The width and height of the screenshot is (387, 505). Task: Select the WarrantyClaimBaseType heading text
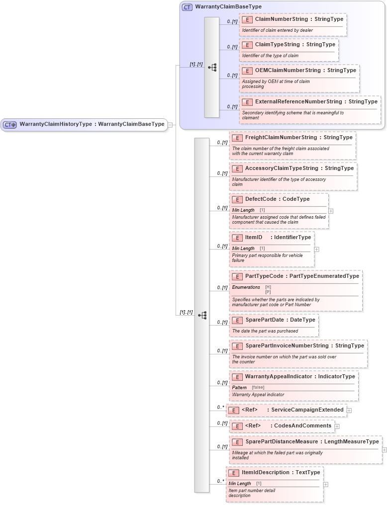pos(228,7)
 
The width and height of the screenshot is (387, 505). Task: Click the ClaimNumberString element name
pos(281,19)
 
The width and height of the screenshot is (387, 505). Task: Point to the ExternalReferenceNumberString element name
pos(298,102)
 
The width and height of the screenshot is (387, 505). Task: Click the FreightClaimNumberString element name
pos(281,138)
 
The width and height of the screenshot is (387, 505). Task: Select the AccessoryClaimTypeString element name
pos(282,168)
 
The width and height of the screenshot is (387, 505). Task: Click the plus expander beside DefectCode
pos(331,211)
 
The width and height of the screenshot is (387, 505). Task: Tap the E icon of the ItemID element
pos(237,238)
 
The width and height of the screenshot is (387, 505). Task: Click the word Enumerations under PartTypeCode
pos(246,287)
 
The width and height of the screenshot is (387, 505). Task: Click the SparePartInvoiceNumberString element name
pos(287,346)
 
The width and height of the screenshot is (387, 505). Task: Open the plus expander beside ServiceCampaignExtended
pos(349,410)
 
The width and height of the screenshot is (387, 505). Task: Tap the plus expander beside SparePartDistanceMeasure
pos(384,449)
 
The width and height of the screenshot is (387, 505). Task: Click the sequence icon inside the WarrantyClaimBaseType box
pos(212,67)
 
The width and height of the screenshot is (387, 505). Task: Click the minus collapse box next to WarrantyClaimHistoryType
pos(170,125)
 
